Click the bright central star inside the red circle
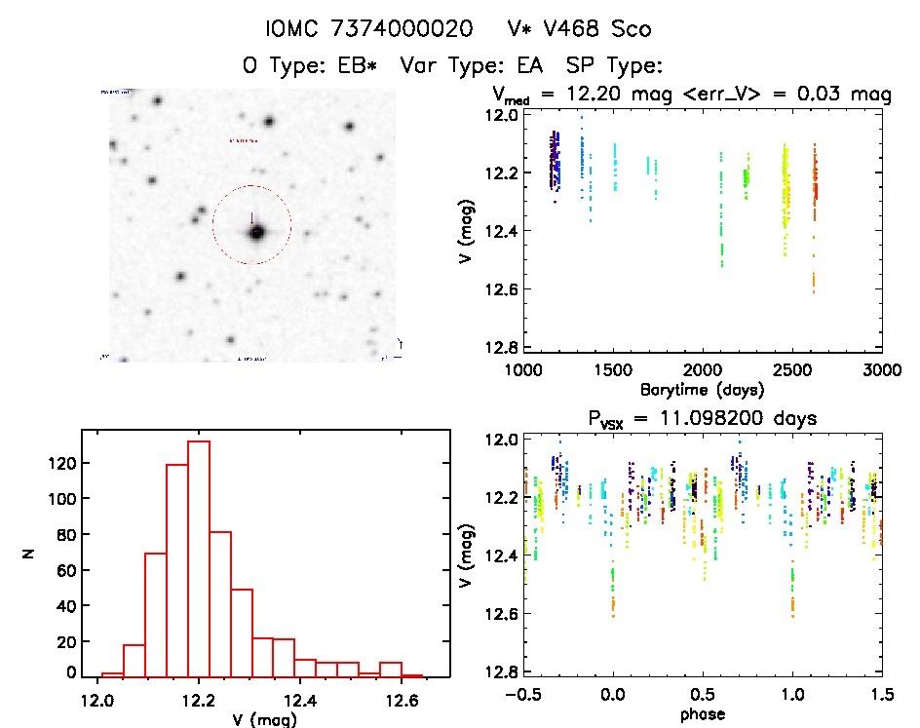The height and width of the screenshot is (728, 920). pyautogui.click(x=256, y=233)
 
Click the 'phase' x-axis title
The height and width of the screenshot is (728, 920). pyautogui.click(x=702, y=714)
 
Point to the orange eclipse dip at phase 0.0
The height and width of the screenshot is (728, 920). pyautogui.click(x=613, y=602)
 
